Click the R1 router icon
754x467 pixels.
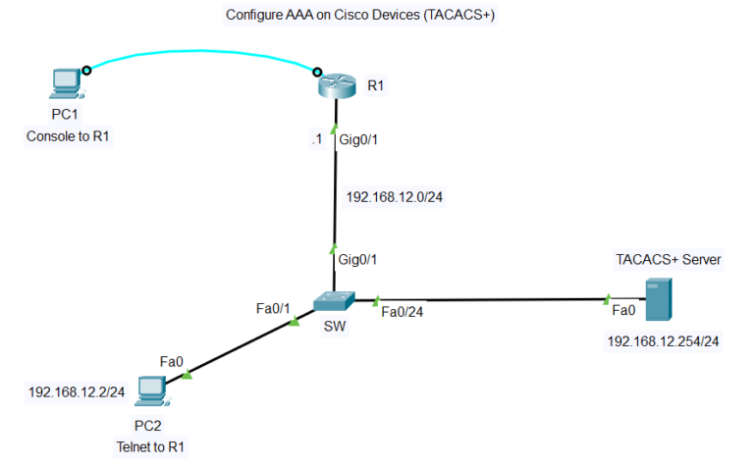pyautogui.click(x=336, y=86)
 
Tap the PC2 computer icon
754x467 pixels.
pyautogui.click(x=151, y=391)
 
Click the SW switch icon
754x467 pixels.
pyautogui.click(x=336, y=302)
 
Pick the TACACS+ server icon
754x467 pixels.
pyautogui.click(x=657, y=300)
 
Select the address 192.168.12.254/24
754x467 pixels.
pyautogui.click(x=664, y=341)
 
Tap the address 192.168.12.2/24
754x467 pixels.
pyautogui.click(x=77, y=392)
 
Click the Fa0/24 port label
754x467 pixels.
pyautogui.click(x=401, y=312)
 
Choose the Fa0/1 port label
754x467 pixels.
pyautogui.click(x=274, y=308)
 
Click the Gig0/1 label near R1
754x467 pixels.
pyautogui.click(x=358, y=140)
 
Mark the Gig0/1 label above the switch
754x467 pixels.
pyautogui.click(x=358, y=260)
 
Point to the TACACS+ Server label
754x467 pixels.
pyautogui.click(x=669, y=260)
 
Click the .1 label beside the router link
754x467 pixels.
pyautogui.click(x=315, y=140)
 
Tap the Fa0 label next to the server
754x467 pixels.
pyautogui.click(x=622, y=310)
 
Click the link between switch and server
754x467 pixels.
pyautogui.click(x=491, y=298)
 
